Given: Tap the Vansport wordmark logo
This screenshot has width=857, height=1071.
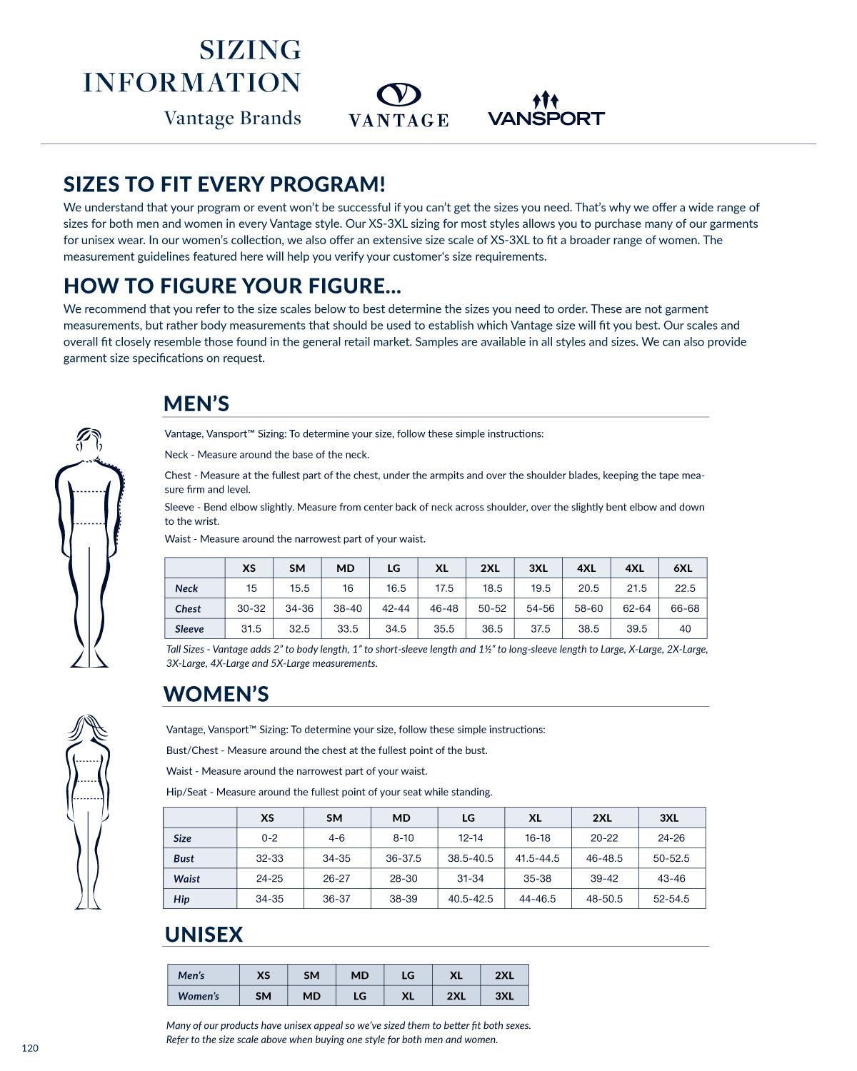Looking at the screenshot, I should pyautogui.click(x=546, y=118).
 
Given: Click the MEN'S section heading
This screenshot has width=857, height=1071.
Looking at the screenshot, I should pyautogui.click(x=196, y=403).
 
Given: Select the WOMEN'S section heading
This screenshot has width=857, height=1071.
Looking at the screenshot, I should pyautogui.click(x=216, y=693).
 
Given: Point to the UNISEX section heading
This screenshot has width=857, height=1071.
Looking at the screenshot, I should pyautogui.click(x=204, y=935).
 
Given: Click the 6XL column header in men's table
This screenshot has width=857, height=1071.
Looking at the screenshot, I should pyautogui.click(x=683, y=568).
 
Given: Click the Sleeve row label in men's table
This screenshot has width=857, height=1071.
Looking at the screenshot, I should pyautogui.click(x=189, y=629).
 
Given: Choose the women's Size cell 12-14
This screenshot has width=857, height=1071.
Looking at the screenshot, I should pyautogui.click(x=470, y=838).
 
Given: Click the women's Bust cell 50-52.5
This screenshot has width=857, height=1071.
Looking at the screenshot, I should pyautogui.click(x=671, y=858).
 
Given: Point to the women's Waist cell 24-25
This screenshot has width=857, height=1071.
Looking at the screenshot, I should pyautogui.click(x=269, y=878).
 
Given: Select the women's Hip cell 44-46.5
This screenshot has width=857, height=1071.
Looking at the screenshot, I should pyautogui.click(x=537, y=899).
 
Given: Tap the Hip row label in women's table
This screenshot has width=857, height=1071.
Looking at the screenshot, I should pyautogui.click(x=181, y=899).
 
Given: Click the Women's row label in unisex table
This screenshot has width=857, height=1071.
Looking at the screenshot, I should pyautogui.click(x=199, y=996).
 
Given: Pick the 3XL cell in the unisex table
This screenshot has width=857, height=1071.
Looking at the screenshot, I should pyautogui.click(x=504, y=996).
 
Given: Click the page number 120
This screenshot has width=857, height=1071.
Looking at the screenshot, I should pyautogui.click(x=30, y=1048).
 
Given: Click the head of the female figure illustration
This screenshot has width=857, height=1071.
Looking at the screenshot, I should pyautogui.click(x=88, y=728).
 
